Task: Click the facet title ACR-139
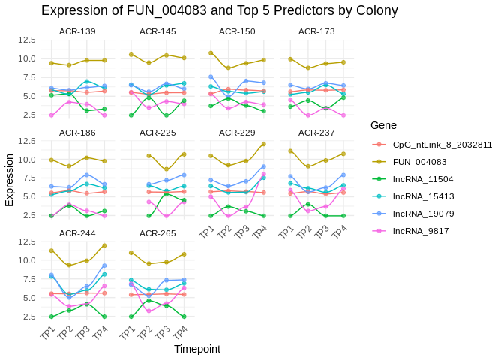pos(77,31)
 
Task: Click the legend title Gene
pos(383,125)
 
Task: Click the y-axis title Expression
pos(10,180)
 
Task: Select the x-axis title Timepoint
pos(197,349)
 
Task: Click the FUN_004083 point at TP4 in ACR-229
pos(263,144)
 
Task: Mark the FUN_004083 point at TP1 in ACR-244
pos(52,250)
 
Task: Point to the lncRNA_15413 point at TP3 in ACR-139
pos(86,81)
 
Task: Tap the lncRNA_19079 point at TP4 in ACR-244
pos(103,265)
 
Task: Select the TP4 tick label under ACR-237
pos(340,229)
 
